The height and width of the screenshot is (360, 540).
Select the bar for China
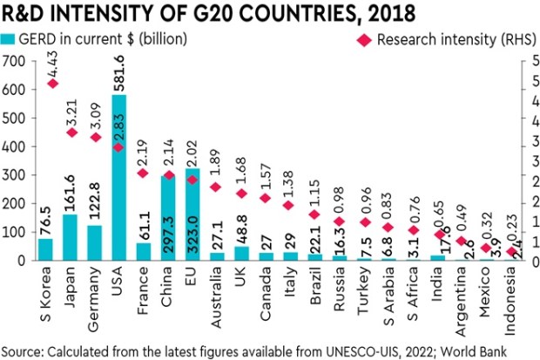click(167, 218)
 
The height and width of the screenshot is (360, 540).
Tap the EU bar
click(192, 214)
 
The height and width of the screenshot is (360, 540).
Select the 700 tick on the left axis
click(14, 60)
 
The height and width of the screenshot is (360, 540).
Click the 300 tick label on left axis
click(14, 175)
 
